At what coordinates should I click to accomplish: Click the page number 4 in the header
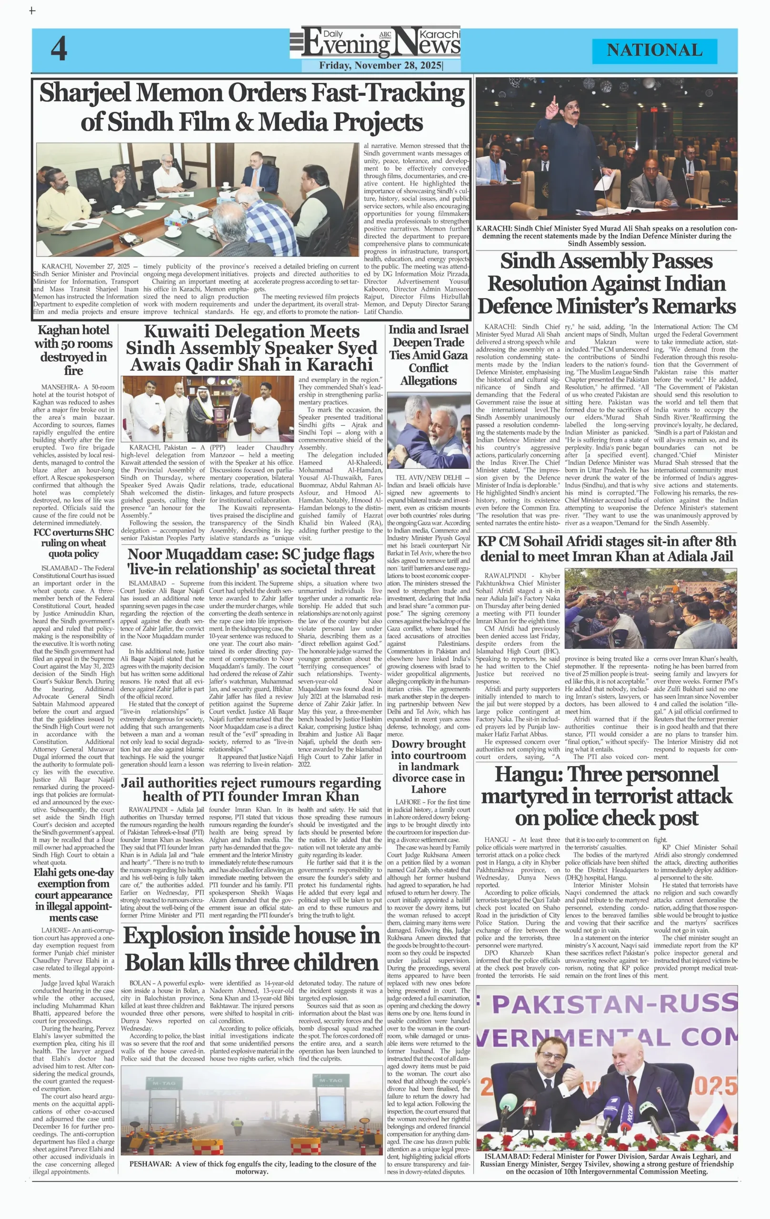[x=59, y=49]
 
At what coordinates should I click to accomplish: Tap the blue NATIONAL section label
[x=654, y=50]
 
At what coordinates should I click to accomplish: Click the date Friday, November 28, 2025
[x=380, y=65]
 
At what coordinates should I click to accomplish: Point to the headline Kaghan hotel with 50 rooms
[x=73, y=350]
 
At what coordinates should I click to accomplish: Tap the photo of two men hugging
[x=428, y=430]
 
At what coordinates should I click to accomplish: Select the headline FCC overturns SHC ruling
[x=73, y=543]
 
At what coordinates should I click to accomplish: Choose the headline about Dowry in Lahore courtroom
[x=428, y=767]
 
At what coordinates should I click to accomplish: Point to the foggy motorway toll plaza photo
[x=251, y=1110]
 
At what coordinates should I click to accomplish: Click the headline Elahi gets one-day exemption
[x=73, y=895]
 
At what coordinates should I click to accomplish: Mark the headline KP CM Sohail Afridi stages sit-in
[x=607, y=549]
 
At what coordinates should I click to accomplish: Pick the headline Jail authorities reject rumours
[x=251, y=789]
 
